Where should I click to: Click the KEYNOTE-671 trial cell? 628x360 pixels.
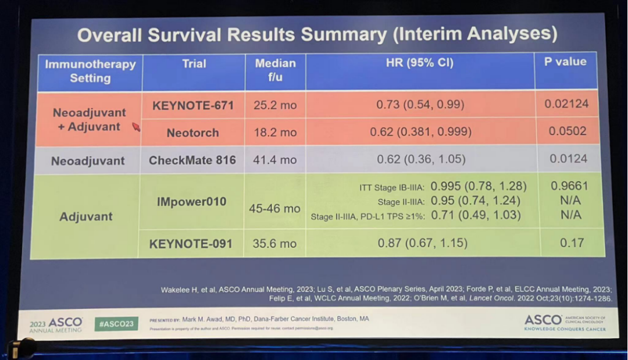(x=193, y=105)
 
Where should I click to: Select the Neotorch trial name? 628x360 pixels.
(x=193, y=133)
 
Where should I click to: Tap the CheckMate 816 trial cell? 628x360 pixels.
(x=192, y=160)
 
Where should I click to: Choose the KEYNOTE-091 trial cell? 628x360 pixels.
(x=191, y=244)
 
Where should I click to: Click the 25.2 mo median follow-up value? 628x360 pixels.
(x=275, y=105)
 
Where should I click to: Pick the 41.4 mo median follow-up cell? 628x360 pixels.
(x=275, y=159)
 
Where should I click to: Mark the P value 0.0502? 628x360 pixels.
(x=568, y=131)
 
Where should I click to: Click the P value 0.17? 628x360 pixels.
(x=571, y=243)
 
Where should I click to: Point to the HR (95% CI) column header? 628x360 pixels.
(x=419, y=63)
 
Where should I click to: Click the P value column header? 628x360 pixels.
(x=565, y=62)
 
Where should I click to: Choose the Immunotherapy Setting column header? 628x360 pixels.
(x=90, y=70)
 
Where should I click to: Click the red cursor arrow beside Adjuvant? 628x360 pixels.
(x=136, y=127)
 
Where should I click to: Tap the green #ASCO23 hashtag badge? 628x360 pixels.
(x=116, y=323)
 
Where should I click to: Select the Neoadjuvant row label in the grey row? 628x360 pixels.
(x=88, y=161)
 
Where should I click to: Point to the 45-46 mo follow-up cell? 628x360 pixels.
(x=275, y=208)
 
